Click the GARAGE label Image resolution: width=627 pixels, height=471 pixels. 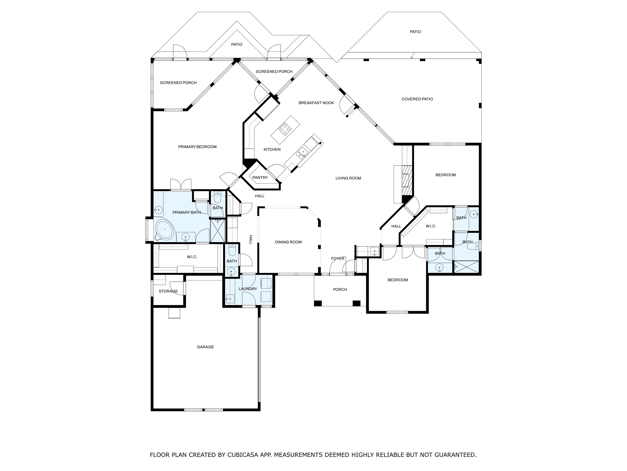pyautogui.click(x=205, y=347)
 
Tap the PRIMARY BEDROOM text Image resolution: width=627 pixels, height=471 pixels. pyautogui.click(x=197, y=147)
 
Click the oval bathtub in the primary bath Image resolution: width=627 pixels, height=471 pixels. pyautogui.click(x=164, y=229)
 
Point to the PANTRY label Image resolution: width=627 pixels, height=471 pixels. pyautogui.click(x=260, y=177)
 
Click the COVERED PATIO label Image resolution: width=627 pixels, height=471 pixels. pyautogui.click(x=417, y=99)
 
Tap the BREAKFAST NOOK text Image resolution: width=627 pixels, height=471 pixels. pyautogui.click(x=316, y=103)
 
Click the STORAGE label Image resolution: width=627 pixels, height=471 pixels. pyautogui.click(x=168, y=291)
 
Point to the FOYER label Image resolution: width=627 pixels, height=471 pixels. pyautogui.click(x=338, y=259)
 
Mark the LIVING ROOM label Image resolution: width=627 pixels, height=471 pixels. pyautogui.click(x=348, y=178)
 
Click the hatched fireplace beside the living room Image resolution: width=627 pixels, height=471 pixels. pyautogui.click(x=407, y=180)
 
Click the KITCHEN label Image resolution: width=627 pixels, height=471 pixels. pyautogui.click(x=272, y=149)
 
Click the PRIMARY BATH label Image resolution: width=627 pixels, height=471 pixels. pyautogui.click(x=187, y=212)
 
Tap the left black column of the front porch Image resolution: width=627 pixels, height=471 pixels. pyautogui.click(x=318, y=303)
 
